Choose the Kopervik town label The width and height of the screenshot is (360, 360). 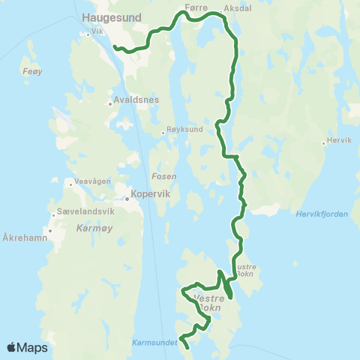152,193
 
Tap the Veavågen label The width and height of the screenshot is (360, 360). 92,182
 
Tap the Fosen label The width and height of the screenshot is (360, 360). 164,176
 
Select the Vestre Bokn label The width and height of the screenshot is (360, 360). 208,302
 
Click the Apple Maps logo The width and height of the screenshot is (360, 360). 27,347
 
